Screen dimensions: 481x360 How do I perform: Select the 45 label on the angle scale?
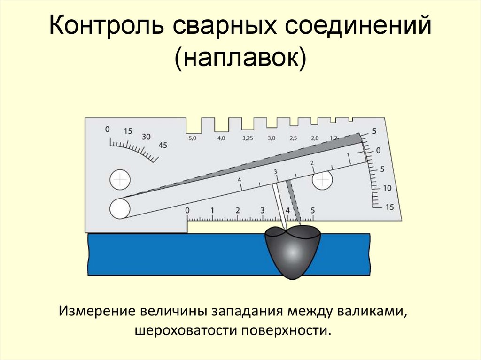(x=163, y=145)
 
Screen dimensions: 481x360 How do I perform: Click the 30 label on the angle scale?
(x=146, y=137)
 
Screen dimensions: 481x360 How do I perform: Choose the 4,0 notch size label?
(x=221, y=138)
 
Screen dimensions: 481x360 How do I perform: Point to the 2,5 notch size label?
(x=293, y=138)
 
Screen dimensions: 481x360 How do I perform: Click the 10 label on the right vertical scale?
(x=387, y=188)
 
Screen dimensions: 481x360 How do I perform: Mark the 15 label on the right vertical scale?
(x=389, y=207)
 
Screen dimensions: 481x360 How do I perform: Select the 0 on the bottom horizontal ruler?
(x=188, y=210)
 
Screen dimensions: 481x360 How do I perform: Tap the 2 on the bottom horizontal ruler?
(x=238, y=210)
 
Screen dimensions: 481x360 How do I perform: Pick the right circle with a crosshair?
(x=322, y=181)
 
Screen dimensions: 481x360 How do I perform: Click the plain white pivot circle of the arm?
(x=120, y=208)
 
